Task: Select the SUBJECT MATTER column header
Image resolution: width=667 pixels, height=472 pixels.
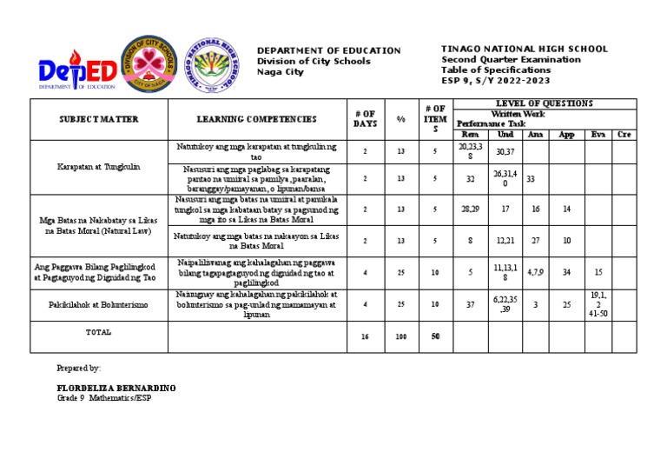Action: (x=99, y=119)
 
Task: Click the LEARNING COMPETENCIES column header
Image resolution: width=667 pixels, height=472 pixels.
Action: (x=256, y=119)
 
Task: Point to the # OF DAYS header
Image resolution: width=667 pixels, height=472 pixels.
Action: (x=366, y=119)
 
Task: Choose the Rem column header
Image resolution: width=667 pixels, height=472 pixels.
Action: (x=469, y=134)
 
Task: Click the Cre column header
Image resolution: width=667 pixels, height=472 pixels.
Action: (x=624, y=134)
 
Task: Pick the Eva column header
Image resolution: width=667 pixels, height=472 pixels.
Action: (x=596, y=134)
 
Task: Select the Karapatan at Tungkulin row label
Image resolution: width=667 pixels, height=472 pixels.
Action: (x=99, y=166)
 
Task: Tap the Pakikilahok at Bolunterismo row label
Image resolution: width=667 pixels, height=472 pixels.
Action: (x=99, y=305)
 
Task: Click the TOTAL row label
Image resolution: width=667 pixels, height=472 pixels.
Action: (x=99, y=333)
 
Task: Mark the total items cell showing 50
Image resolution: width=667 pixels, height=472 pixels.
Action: (x=434, y=336)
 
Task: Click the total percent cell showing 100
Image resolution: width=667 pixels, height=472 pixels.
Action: (x=400, y=336)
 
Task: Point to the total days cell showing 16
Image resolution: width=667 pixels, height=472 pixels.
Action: (x=366, y=336)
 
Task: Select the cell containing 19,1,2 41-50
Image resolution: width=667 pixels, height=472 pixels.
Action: (x=597, y=305)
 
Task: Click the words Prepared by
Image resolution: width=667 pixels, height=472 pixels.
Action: (x=79, y=369)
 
